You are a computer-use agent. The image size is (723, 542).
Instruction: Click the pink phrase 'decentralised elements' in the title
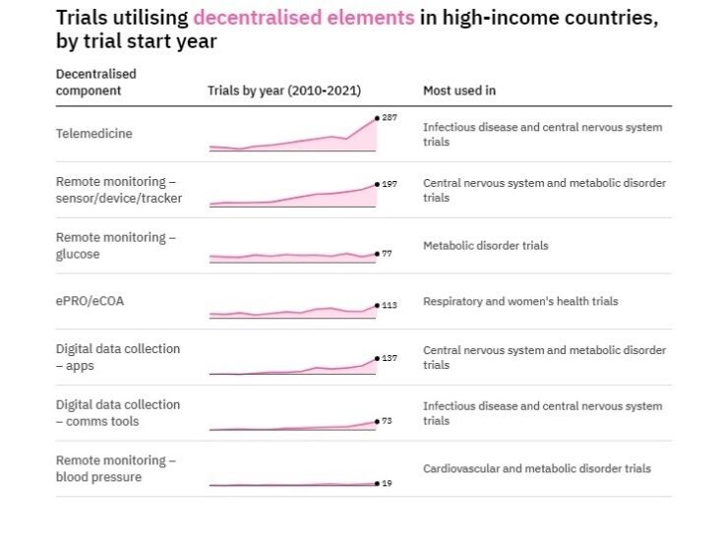(x=304, y=18)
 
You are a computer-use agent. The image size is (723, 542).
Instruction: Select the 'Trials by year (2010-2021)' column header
(x=284, y=90)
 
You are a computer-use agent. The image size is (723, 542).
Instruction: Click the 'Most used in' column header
(x=458, y=90)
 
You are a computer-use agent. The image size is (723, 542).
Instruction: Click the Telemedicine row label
(x=93, y=134)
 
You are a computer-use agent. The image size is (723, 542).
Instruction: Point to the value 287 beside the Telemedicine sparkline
(x=389, y=117)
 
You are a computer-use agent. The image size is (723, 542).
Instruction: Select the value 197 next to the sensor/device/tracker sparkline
(x=389, y=184)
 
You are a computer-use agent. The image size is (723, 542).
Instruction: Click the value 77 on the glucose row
(x=387, y=253)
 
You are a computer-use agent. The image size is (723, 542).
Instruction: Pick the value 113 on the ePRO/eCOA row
(x=389, y=305)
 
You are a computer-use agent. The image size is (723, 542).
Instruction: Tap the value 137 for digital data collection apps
(x=389, y=358)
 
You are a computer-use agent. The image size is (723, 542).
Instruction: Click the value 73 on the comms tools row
(x=387, y=421)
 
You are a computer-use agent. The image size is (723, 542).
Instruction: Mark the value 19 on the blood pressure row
(x=386, y=483)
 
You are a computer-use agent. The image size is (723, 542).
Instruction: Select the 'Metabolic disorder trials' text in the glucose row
(x=485, y=245)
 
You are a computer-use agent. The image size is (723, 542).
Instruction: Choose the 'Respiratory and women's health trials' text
(x=520, y=301)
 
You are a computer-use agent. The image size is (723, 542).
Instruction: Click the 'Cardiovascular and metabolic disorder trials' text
(x=536, y=468)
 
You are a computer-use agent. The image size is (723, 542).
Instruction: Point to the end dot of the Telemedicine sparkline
(x=376, y=118)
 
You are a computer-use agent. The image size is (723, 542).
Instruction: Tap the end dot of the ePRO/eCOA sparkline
(x=376, y=305)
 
